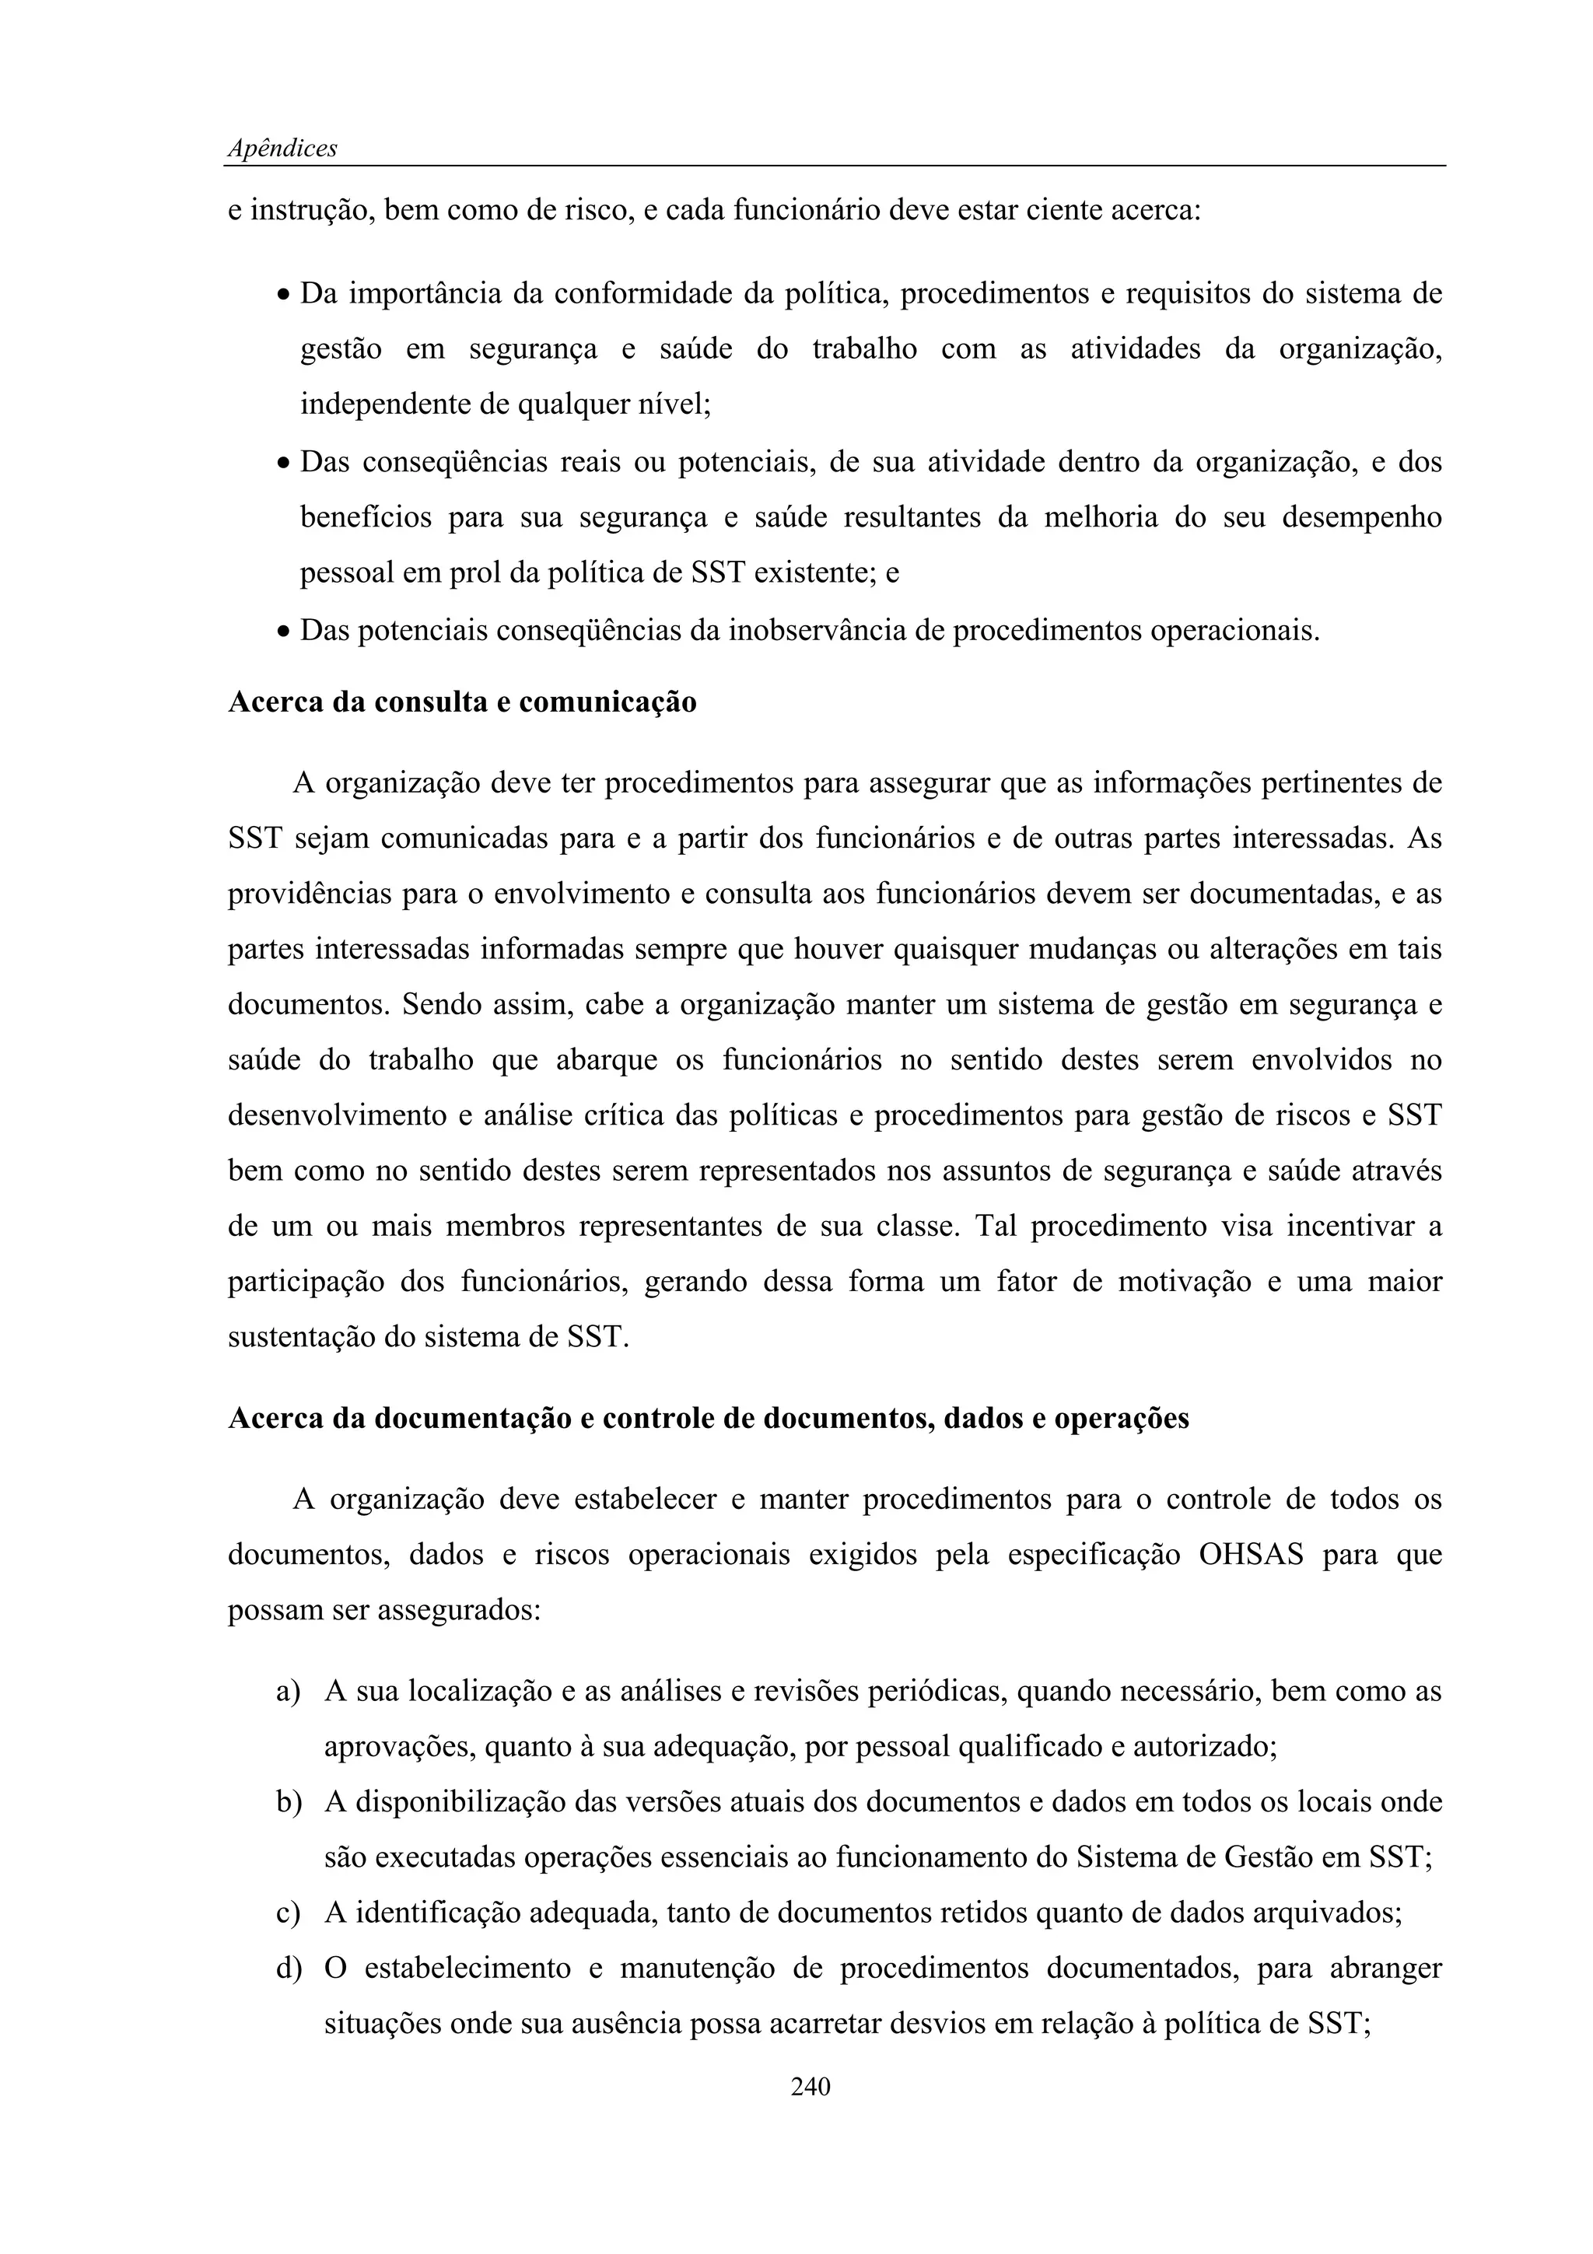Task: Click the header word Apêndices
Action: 282,149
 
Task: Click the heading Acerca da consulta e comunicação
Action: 461,703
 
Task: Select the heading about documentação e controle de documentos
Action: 708,1419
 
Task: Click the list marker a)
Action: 288,1692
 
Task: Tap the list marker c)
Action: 288,1913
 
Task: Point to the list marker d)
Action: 288,1969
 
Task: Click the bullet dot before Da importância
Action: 282,296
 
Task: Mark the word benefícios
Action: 365,517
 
